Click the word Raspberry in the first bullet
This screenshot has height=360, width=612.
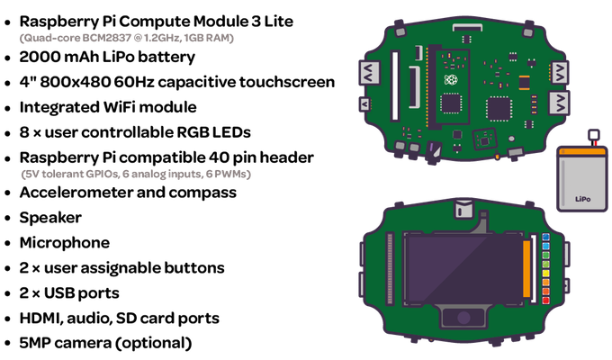(x=59, y=22)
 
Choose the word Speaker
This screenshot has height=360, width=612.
(x=50, y=218)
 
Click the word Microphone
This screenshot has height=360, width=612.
(x=65, y=242)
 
